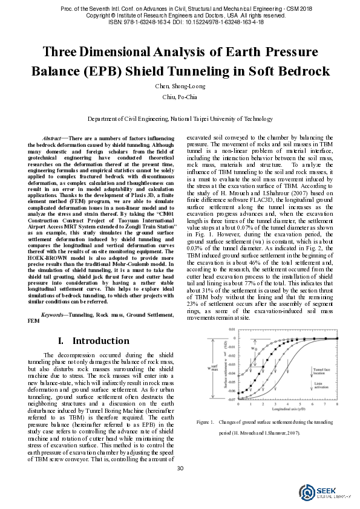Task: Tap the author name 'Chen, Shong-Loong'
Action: point(179,85)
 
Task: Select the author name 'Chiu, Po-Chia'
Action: point(179,96)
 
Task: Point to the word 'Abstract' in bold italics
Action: point(56,138)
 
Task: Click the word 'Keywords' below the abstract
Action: point(53,316)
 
